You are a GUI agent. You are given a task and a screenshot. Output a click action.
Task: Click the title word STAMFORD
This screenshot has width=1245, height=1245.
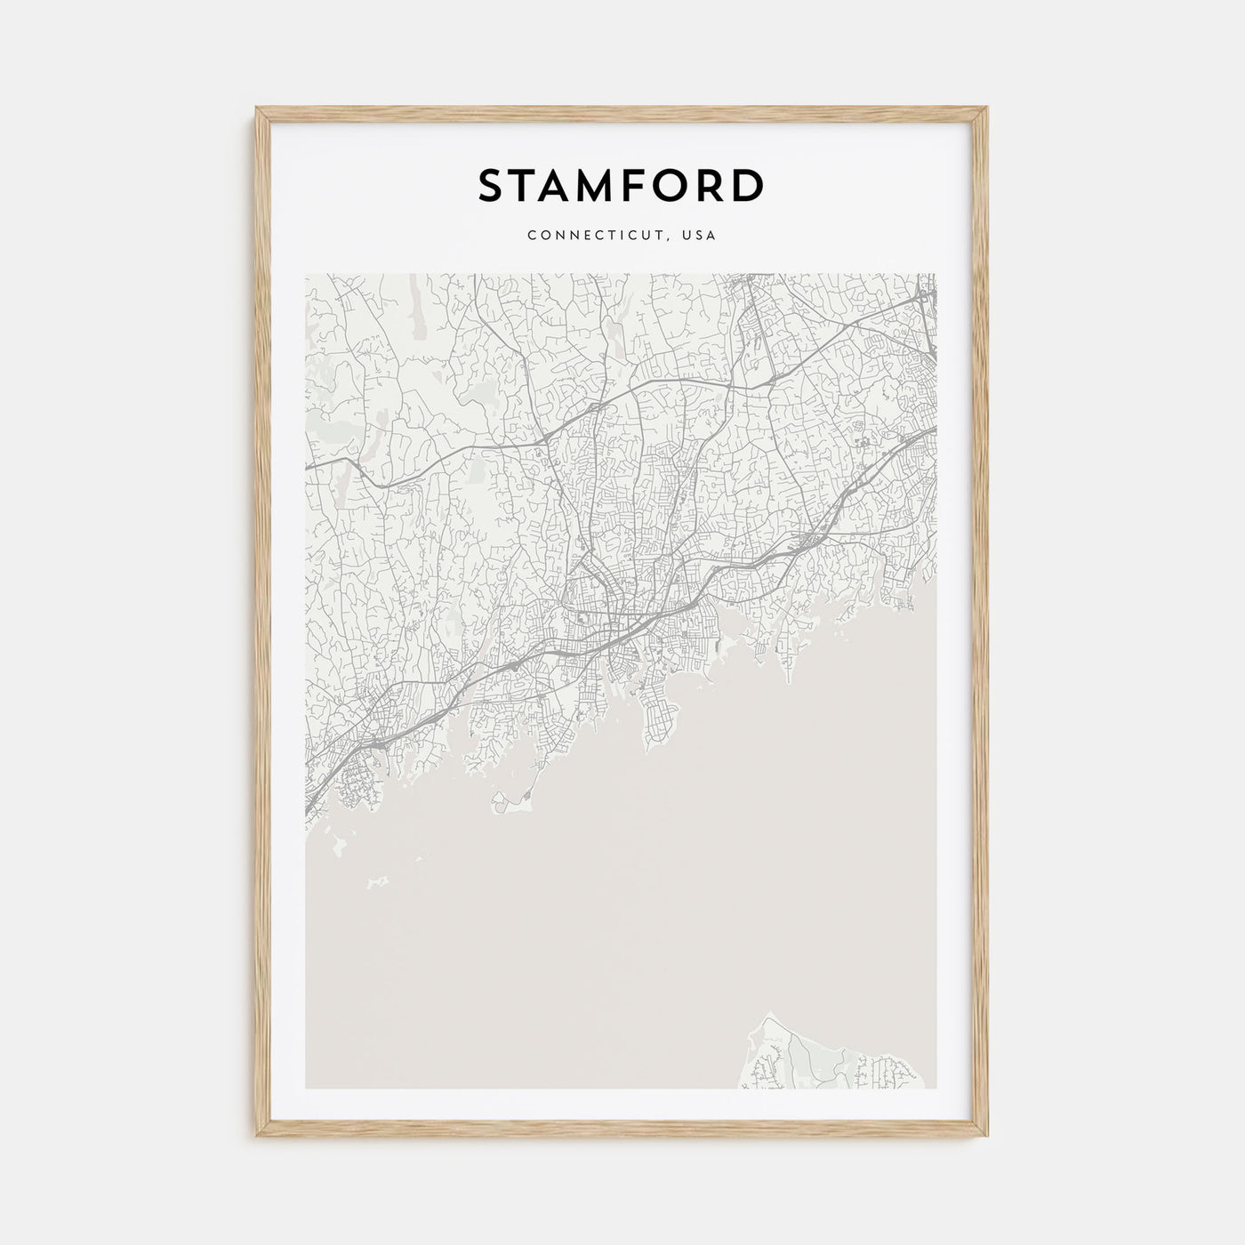point(621,186)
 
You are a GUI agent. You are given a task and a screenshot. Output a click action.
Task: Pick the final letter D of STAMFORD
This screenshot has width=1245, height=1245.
point(749,186)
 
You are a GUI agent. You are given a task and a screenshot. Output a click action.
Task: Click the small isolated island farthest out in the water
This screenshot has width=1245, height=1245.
point(378,881)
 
